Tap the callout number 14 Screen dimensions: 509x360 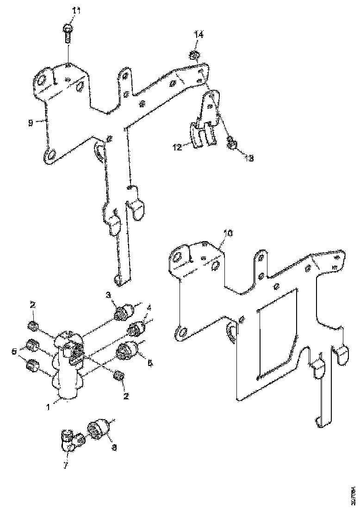[198, 35]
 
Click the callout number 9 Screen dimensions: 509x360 [30, 123]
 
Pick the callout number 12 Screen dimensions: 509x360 [177, 147]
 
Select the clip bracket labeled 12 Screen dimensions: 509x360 [199, 134]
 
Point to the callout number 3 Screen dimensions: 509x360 [108, 295]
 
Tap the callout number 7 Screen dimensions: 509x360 [65, 466]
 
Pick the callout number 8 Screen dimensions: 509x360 [114, 447]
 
